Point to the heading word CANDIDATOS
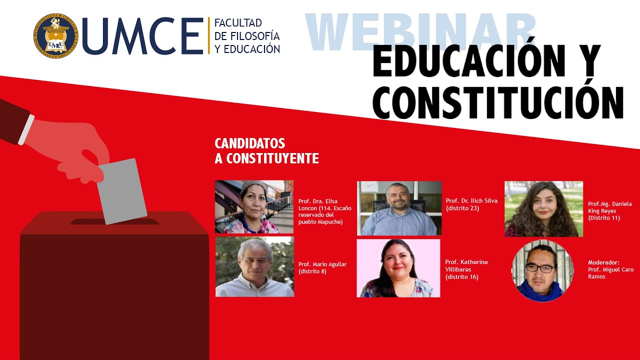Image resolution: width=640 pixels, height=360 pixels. pos(249,143)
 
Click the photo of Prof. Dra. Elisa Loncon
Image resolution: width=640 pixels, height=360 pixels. pos(254,207)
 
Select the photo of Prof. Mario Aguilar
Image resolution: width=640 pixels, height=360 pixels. pos(254,267)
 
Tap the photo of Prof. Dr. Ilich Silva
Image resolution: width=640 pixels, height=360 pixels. pos(399,208)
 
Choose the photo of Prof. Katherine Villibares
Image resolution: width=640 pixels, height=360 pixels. pos(398,268)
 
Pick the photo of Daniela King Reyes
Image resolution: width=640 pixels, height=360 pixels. pos(543,208)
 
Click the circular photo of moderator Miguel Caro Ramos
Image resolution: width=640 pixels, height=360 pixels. pos(542,270)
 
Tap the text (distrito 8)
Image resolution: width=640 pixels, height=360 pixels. pos(312,271)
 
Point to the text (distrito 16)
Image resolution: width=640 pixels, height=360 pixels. pos(461,276)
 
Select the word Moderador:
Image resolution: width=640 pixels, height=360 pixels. pos(603,262)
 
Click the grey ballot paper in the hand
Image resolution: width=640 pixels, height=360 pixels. pos(121,191)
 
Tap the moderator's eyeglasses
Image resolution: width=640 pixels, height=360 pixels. pos(540,268)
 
